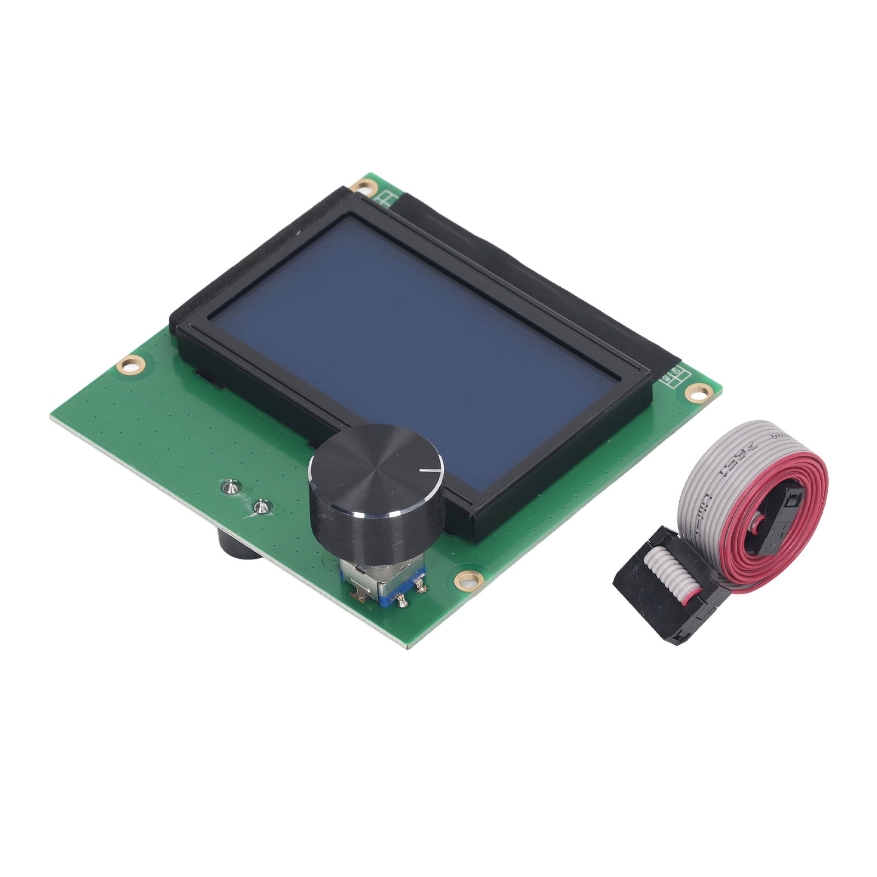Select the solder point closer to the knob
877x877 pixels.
point(261,507)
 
